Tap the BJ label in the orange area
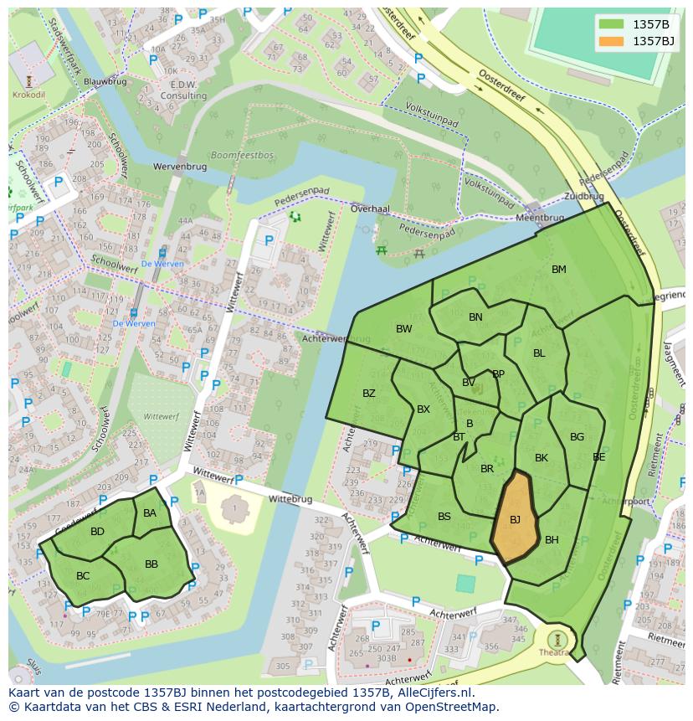[515, 520]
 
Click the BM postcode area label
[559, 270]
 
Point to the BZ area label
[369, 394]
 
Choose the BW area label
[404, 329]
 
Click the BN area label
[475, 317]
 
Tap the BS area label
[444, 517]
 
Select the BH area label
[552, 540]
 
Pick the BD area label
[98, 532]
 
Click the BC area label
[83, 576]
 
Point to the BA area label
[150, 513]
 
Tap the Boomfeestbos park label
[242, 156]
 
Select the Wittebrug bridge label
[290, 499]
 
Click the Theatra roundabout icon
[553, 638]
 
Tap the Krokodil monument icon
[29, 81]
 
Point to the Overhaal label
[370, 209]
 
